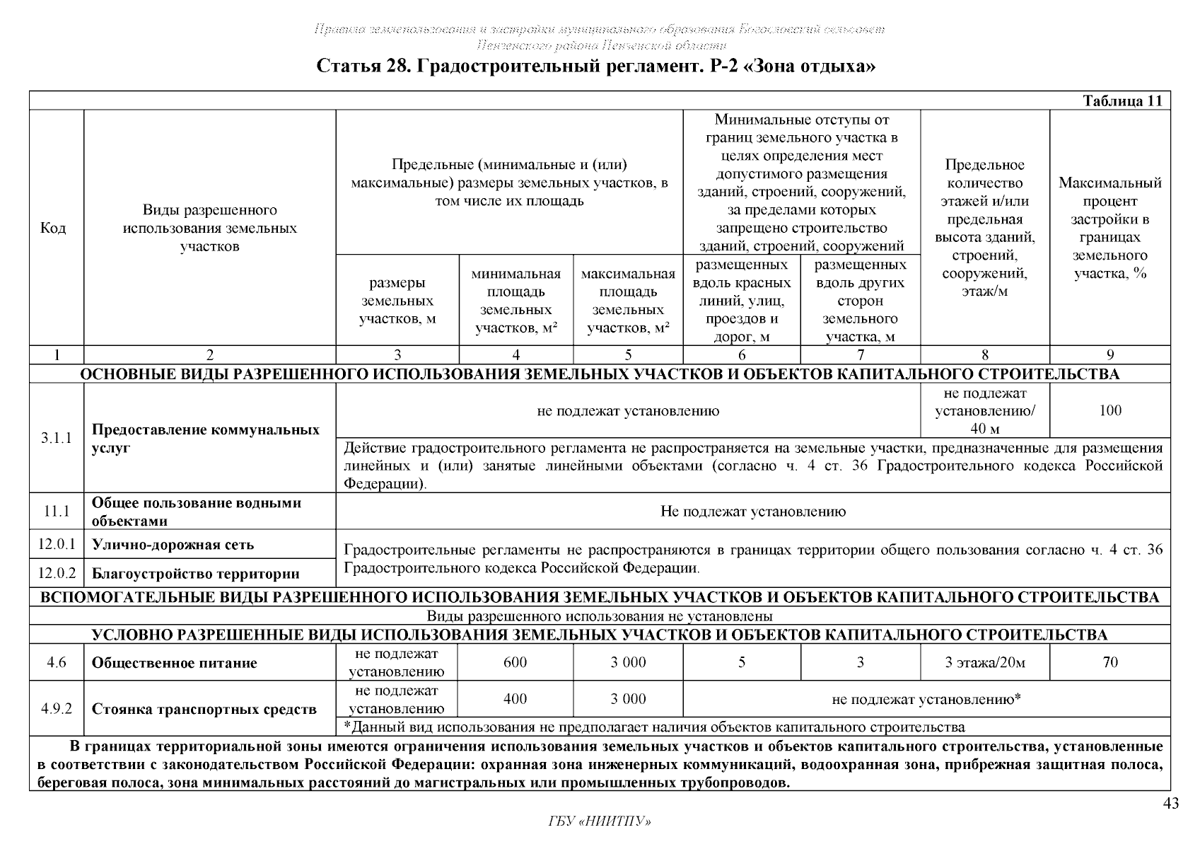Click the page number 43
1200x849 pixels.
1170,803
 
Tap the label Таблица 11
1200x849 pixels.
1122,101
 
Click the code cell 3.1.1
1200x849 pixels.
56,439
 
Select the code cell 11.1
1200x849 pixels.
56,512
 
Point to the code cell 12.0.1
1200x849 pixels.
56,545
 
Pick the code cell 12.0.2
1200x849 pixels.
56,573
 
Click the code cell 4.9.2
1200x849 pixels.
56,708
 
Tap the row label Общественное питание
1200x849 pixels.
174,663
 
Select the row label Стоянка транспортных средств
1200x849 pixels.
204,709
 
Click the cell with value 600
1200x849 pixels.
515,662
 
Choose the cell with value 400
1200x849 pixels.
515,699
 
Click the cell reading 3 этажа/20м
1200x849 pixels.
984,663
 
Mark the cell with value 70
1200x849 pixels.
1110,662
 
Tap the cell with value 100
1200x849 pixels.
1110,410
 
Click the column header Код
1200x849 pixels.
54,228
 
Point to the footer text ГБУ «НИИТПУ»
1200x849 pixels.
599,821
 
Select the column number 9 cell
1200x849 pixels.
1110,355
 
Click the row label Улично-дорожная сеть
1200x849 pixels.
173,545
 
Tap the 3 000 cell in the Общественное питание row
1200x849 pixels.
628,662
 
